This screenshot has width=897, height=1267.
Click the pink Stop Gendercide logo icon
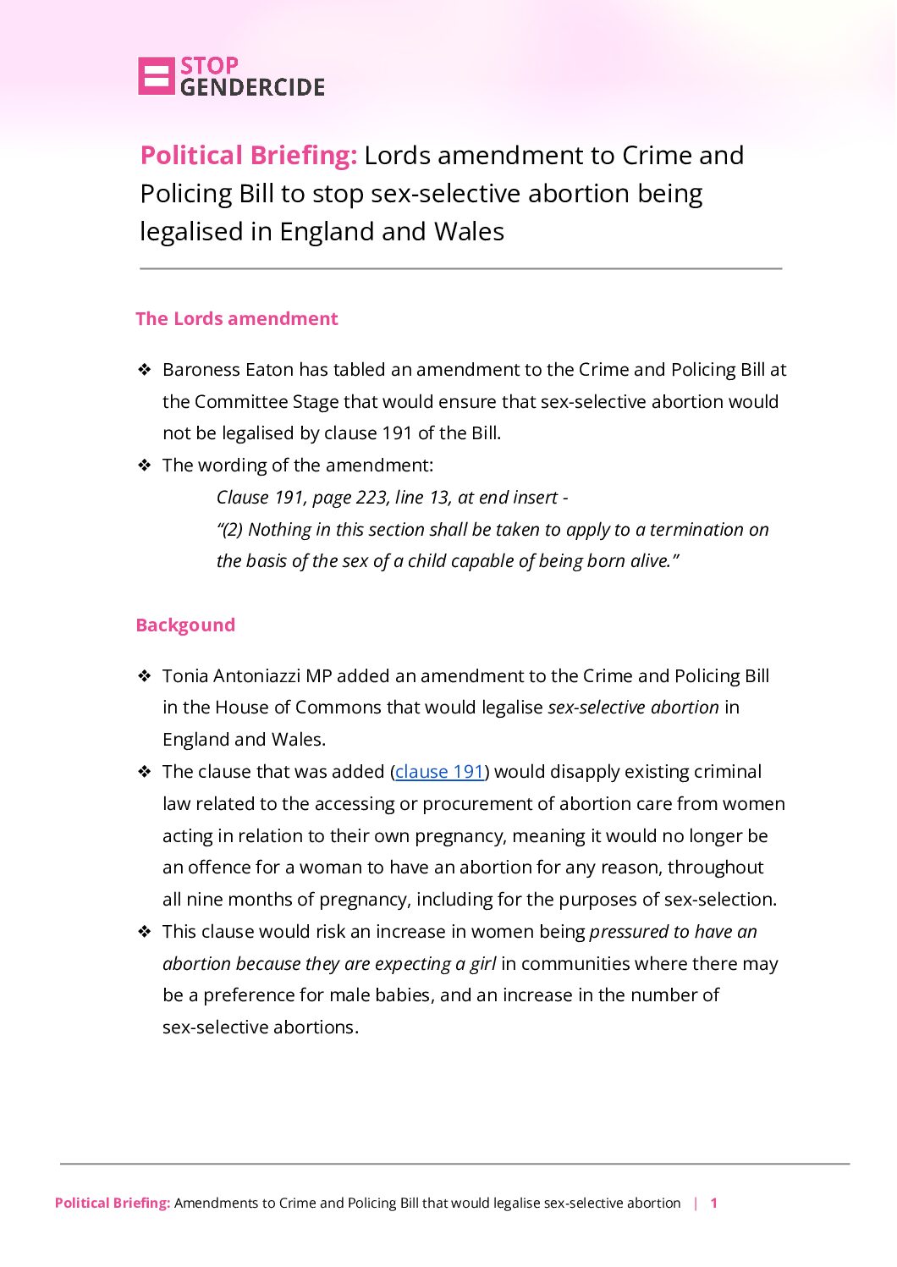[156, 76]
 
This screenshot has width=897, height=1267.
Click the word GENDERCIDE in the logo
[252, 87]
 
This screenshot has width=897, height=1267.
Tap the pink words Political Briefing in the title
[249, 156]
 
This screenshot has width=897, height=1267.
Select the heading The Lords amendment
[236, 319]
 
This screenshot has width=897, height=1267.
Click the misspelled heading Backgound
[185, 625]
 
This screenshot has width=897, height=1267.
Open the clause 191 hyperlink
[439, 772]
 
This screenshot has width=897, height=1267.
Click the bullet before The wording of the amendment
[145, 465]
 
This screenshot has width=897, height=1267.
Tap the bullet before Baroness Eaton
[145, 370]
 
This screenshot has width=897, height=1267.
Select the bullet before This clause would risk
[145, 932]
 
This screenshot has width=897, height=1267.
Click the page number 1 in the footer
[714, 1203]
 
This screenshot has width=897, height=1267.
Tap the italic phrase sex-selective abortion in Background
[633, 708]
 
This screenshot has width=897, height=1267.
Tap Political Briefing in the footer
[113, 1203]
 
